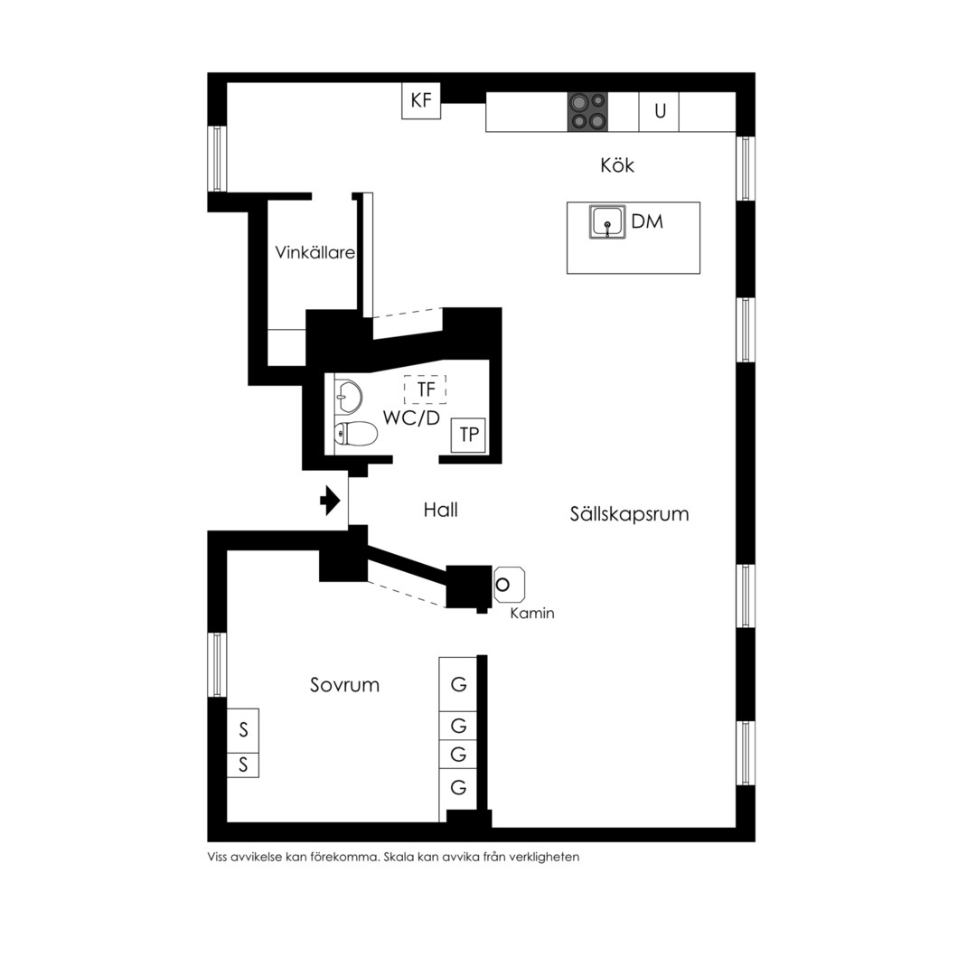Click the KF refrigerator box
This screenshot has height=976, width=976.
pyautogui.click(x=421, y=100)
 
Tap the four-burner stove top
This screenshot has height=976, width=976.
pyautogui.click(x=587, y=112)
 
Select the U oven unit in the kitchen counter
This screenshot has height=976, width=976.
pyautogui.click(x=659, y=112)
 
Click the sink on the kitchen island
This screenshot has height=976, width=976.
pyautogui.click(x=607, y=222)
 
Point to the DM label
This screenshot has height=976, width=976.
pyautogui.click(x=647, y=221)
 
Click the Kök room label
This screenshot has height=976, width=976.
pyautogui.click(x=617, y=165)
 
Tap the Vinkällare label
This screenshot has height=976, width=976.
pyautogui.click(x=315, y=252)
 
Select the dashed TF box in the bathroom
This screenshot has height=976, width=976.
pyautogui.click(x=425, y=389)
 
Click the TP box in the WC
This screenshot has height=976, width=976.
pyautogui.click(x=468, y=435)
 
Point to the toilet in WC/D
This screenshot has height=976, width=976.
pyautogui.click(x=356, y=434)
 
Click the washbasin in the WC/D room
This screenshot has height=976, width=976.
pyautogui.click(x=349, y=397)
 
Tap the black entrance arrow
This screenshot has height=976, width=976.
pyautogui.click(x=330, y=501)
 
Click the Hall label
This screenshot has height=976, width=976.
pyautogui.click(x=441, y=511)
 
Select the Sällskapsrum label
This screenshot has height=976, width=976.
pyautogui.click(x=629, y=514)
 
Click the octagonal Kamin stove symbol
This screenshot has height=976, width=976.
pyautogui.click(x=509, y=585)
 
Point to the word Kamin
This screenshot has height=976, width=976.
pyautogui.click(x=532, y=613)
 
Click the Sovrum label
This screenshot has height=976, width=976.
pyautogui.click(x=345, y=685)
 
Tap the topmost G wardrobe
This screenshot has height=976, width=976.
pyautogui.click(x=458, y=685)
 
